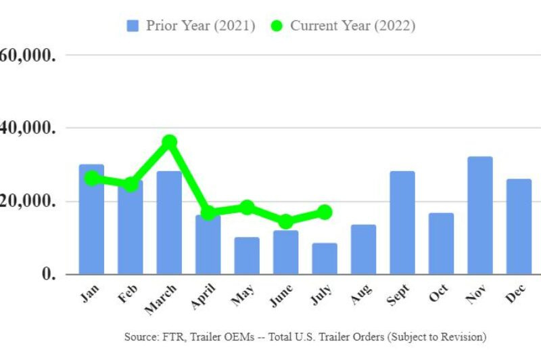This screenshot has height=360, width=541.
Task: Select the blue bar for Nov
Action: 480,215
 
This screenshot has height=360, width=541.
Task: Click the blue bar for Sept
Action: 402,223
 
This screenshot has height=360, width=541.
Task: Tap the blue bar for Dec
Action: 519,227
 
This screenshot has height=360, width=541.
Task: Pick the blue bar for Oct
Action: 441,244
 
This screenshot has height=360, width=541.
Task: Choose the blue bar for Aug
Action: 363,249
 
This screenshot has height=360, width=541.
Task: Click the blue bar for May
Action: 247,255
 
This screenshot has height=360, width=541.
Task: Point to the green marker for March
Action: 169,142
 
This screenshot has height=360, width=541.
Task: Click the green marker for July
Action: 325,212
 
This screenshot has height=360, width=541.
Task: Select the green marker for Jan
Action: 91,179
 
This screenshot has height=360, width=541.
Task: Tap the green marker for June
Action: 285,221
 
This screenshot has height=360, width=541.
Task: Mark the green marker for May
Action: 247,207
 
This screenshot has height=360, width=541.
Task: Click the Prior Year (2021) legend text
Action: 201,26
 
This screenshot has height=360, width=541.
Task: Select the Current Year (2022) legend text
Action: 352,26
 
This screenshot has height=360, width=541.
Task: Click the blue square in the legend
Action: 133,26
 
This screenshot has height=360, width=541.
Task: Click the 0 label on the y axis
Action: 47,274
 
